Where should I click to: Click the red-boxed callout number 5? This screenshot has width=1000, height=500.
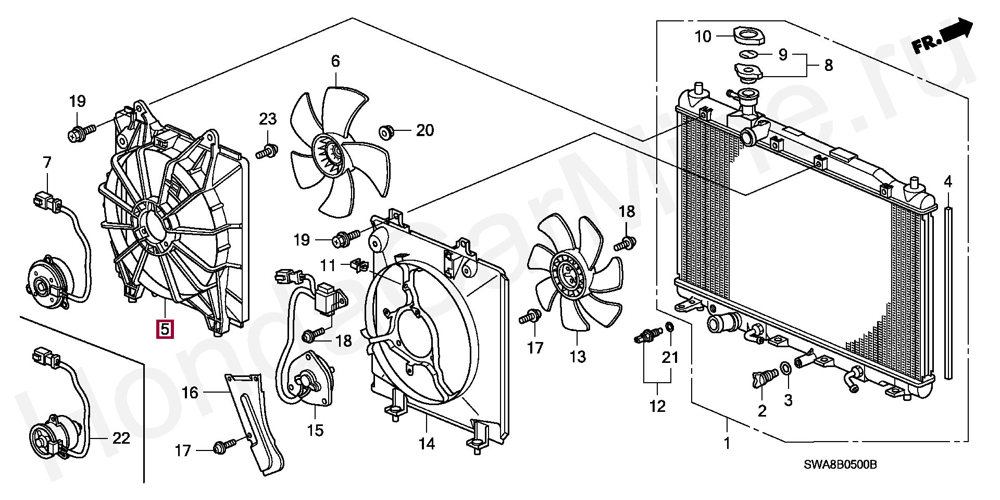[165, 329]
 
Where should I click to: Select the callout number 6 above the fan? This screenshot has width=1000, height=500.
[335, 62]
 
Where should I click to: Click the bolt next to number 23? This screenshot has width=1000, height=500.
[266, 152]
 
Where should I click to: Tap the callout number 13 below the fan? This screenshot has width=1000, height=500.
[578, 357]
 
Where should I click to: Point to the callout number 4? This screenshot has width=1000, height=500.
[948, 182]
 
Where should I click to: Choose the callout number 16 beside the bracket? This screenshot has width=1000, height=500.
[190, 392]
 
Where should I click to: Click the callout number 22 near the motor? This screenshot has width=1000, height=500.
[121, 438]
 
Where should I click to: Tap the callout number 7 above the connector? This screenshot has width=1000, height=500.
[47, 163]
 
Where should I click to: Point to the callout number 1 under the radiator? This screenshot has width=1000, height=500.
[727, 444]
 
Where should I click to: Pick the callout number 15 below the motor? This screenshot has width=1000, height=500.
[315, 430]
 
